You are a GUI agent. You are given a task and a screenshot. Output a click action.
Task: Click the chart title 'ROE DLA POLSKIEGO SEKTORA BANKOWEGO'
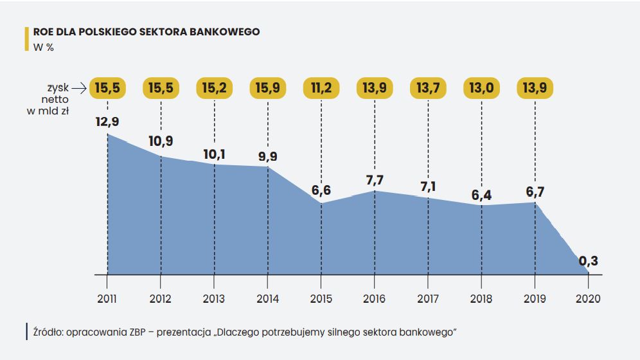coord(147,32)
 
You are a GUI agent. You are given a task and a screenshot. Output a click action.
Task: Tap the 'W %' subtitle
coord(43,46)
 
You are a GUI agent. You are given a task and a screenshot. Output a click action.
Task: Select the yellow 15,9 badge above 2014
coord(267,88)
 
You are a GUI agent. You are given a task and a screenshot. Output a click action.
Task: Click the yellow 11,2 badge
coord(321,88)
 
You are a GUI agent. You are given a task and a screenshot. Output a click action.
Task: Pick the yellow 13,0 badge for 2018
coord(481,88)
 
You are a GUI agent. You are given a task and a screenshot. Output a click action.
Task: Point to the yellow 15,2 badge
coord(214,88)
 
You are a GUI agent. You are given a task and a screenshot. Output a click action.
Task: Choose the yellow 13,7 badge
coord(428,88)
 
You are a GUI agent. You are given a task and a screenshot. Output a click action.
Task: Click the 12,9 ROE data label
coord(107,122)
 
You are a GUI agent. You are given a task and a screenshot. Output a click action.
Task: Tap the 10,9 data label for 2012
coord(161,141)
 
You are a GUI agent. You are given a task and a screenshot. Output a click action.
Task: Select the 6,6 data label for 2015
coord(321,190)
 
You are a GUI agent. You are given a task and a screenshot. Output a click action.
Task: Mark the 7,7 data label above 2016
coord(374,180)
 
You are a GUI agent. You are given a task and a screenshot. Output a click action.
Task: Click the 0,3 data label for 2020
coord(589,261)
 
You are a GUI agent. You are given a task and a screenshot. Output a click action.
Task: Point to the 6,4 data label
coord(481,194)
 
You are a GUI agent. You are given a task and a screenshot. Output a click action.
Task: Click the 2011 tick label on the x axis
coord(107,299)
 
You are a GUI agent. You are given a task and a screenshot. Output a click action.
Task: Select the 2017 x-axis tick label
coord(428,299)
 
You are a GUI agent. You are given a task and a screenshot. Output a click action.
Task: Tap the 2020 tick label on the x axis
coord(588,299)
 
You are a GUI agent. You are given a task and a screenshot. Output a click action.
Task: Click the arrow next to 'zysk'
coord(78,87)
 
